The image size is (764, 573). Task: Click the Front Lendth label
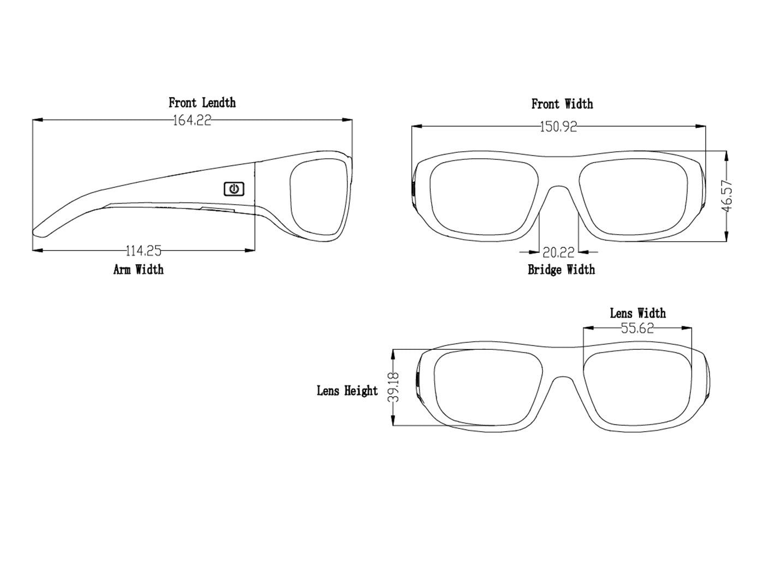click(x=202, y=103)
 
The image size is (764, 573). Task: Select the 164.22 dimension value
click(x=192, y=121)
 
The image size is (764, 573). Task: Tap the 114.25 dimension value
click(x=144, y=250)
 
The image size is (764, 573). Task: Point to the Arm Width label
click(x=138, y=270)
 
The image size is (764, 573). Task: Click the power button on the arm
click(x=234, y=189)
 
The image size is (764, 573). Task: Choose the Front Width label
click(x=562, y=104)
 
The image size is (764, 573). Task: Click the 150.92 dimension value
click(x=558, y=127)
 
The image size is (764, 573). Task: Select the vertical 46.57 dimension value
click(x=727, y=196)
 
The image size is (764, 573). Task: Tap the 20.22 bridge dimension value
click(x=558, y=252)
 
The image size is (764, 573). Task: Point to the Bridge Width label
click(x=561, y=270)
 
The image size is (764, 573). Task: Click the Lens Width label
click(x=637, y=313)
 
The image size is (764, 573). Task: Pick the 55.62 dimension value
click(x=637, y=328)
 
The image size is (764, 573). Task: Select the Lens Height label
click(x=347, y=391)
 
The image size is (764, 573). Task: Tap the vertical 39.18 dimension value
click(x=395, y=387)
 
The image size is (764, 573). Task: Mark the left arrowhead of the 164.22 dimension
click(x=38, y=120)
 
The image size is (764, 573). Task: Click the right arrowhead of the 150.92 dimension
click(x=701, y=126)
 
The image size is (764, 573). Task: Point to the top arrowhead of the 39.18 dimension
click(x=393, y=355)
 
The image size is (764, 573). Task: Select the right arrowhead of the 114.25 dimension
click(x=250, y=250)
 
